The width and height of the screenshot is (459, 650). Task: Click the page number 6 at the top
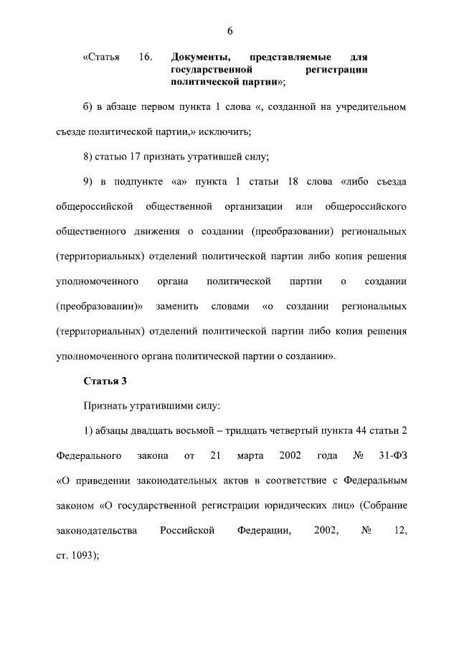pos(229,31)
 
